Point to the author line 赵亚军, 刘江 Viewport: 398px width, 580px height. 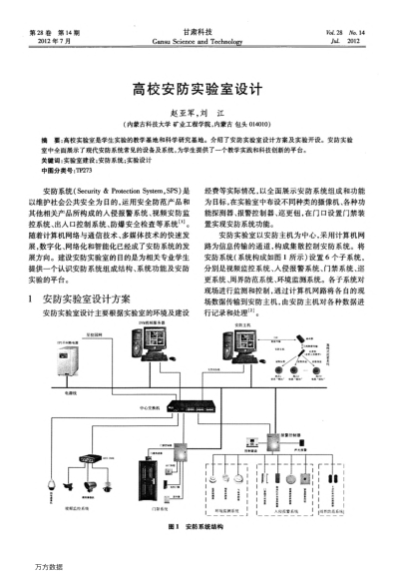click(198, 113)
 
